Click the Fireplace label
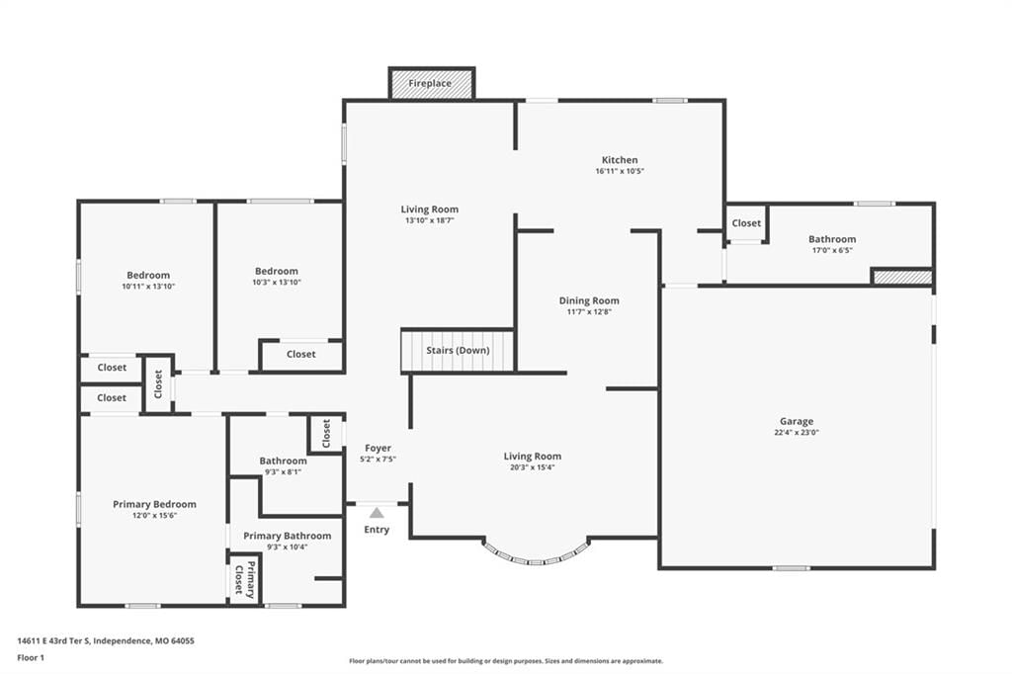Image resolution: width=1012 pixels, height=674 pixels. pyautogui.click(x=430, y=83)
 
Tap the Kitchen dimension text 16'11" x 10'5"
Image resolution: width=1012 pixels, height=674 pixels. pyautogui.click(x=621, y=171)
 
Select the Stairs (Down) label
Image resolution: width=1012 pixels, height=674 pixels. pyautogui.click(x=458, y=350)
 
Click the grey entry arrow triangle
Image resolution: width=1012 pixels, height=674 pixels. pyautogui.click(x=377, y=513)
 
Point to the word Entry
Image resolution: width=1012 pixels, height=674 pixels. pyautogui.click(x=377, y=530)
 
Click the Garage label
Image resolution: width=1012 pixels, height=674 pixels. pyautogui.click(x=797, y=421)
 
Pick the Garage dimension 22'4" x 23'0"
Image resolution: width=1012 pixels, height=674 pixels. pyautogui.click(x=797, y=433)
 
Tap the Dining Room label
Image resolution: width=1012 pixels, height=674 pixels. pyautogui.click(x=589, y=300)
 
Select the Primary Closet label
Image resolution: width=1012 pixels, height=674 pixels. pyautogui.click(x=245, y=579)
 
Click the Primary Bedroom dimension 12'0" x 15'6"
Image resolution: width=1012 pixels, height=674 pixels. pyautogui.click(x=154, y=515)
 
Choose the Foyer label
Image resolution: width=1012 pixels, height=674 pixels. pyautogui.click(x=378, y=448)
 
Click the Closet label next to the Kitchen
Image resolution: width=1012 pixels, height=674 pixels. pyautogui.click(x=747, y=222)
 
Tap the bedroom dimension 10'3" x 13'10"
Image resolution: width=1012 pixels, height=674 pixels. pyautogui.click(x=277, y=282)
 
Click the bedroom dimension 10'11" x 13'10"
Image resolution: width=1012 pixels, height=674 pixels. pyautogui.click(x=148, y=286)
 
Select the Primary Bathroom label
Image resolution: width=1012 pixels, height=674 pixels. pyautogui.click(x=288, y=536)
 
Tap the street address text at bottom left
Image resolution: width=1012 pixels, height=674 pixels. pyautogui.click(x=106, y=641)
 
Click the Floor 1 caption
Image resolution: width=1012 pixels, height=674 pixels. pyautogui.click(x=31, y=658)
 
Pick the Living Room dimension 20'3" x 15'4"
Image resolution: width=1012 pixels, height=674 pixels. pyautogui.click(x=533, y=467)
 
